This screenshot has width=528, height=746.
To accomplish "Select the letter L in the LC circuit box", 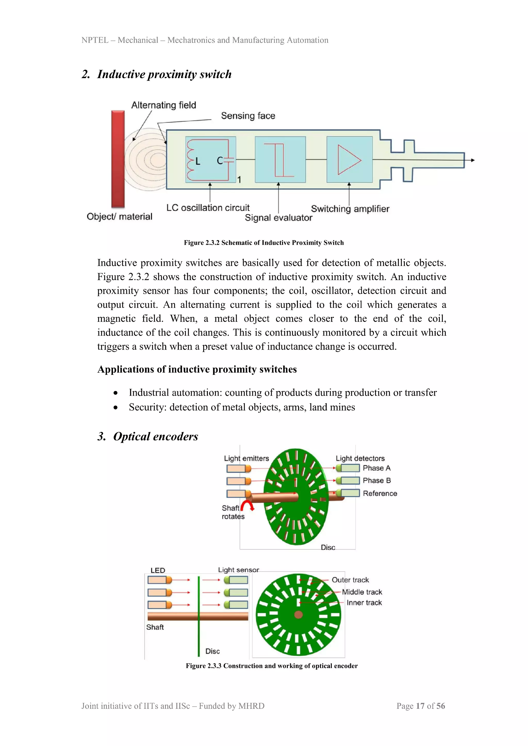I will click(x=198, y=161).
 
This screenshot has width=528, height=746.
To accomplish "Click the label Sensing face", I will click(x=248, y=116).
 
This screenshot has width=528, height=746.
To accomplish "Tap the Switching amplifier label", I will click(x=350, y=209).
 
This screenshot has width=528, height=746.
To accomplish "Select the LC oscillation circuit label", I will click(x=208, y=208).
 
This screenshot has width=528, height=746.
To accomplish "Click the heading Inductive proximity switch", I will click(x=164, y=74).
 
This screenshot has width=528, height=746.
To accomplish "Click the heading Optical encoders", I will click(x=155, y=436).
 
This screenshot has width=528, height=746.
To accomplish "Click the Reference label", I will click(x=380, y=493).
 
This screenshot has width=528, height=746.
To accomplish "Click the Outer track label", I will click(x=350, y=580).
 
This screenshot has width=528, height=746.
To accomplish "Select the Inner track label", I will click(x=364, y=603).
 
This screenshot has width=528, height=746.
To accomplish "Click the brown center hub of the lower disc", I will click(x=299, y=614).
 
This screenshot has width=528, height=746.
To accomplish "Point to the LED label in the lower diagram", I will click(x=158, y=570).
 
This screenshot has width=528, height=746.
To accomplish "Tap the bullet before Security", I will click(x=115, y=408).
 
